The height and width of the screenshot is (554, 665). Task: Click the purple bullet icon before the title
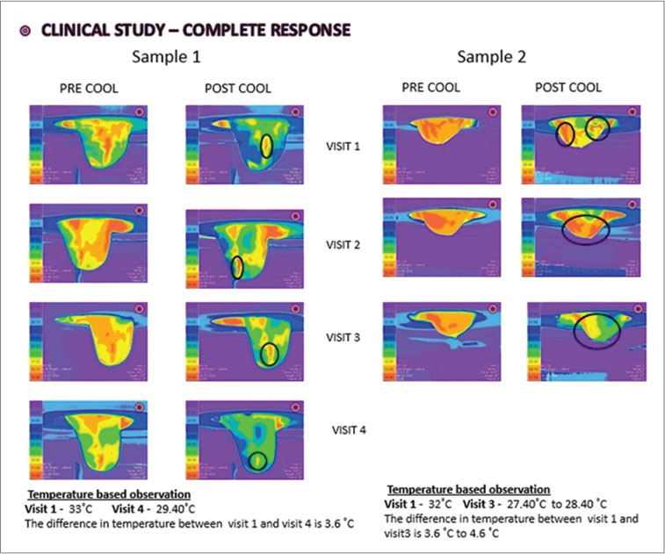[x=25, y=30]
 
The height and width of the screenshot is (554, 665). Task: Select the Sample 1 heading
[x=167, y=58]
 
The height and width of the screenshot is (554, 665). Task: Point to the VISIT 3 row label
[x=344, y=336]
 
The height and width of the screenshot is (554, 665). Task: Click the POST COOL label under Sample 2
[x=568, y=88]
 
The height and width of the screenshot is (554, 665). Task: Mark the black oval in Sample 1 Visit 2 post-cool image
[x=236, y=268]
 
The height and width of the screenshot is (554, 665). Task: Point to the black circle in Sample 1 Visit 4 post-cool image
[x=257, y=460]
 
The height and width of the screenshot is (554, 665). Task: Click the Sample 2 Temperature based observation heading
[x=467, y=489]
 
